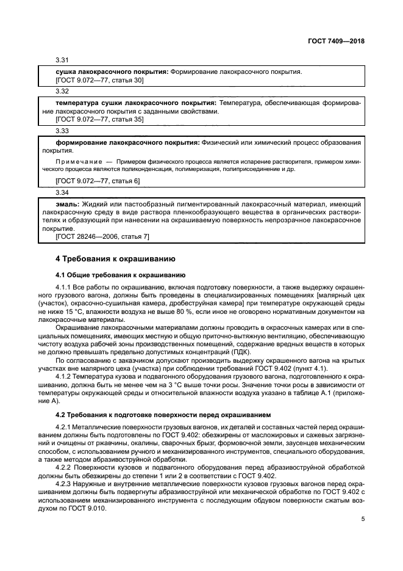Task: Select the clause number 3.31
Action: [x=62, y=60]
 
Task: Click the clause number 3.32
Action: [x=62, y=92]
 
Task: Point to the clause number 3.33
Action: [x=62, y=131]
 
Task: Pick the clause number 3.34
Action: [x=62, y=192]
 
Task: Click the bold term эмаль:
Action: [x=67, y=203]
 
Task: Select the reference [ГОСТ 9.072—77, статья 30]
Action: [x=99, y=80]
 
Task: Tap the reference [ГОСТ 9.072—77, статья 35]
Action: [x=99, y=120]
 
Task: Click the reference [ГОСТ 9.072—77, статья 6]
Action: [x=98, y=181]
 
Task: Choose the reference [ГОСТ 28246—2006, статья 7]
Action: [x=102, y=236]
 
